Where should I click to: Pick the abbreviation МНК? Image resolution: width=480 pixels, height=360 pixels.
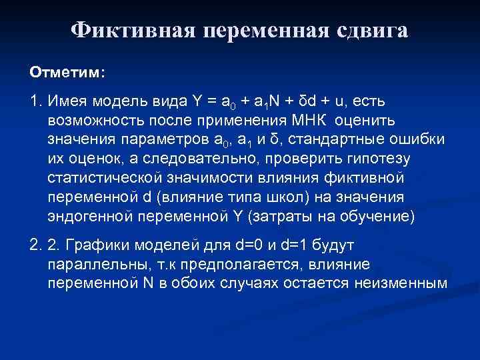315,120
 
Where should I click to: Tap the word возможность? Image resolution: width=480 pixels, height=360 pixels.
97,120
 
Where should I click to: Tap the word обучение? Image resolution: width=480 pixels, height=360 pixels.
377,217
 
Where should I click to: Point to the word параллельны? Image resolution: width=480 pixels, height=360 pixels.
95,265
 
